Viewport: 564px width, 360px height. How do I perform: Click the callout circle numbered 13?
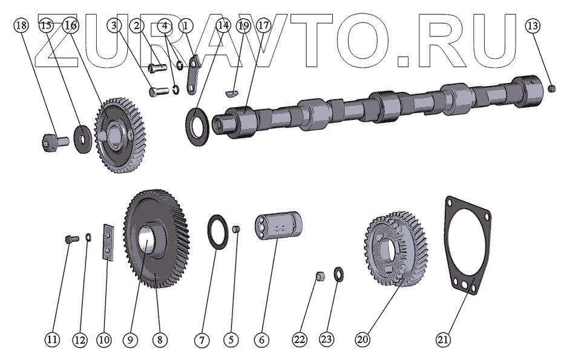(x=533, y=25)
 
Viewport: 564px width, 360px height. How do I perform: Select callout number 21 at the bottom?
(x=443, y=339)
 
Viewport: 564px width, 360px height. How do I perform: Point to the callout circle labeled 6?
(x=261, y=339)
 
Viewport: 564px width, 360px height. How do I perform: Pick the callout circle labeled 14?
(x=223, y=25)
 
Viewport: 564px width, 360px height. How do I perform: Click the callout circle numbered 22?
(x=300, y=339)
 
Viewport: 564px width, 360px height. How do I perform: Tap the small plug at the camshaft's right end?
(x=553, y=88)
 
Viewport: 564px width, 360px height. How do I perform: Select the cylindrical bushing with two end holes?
(x=278, y=226)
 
